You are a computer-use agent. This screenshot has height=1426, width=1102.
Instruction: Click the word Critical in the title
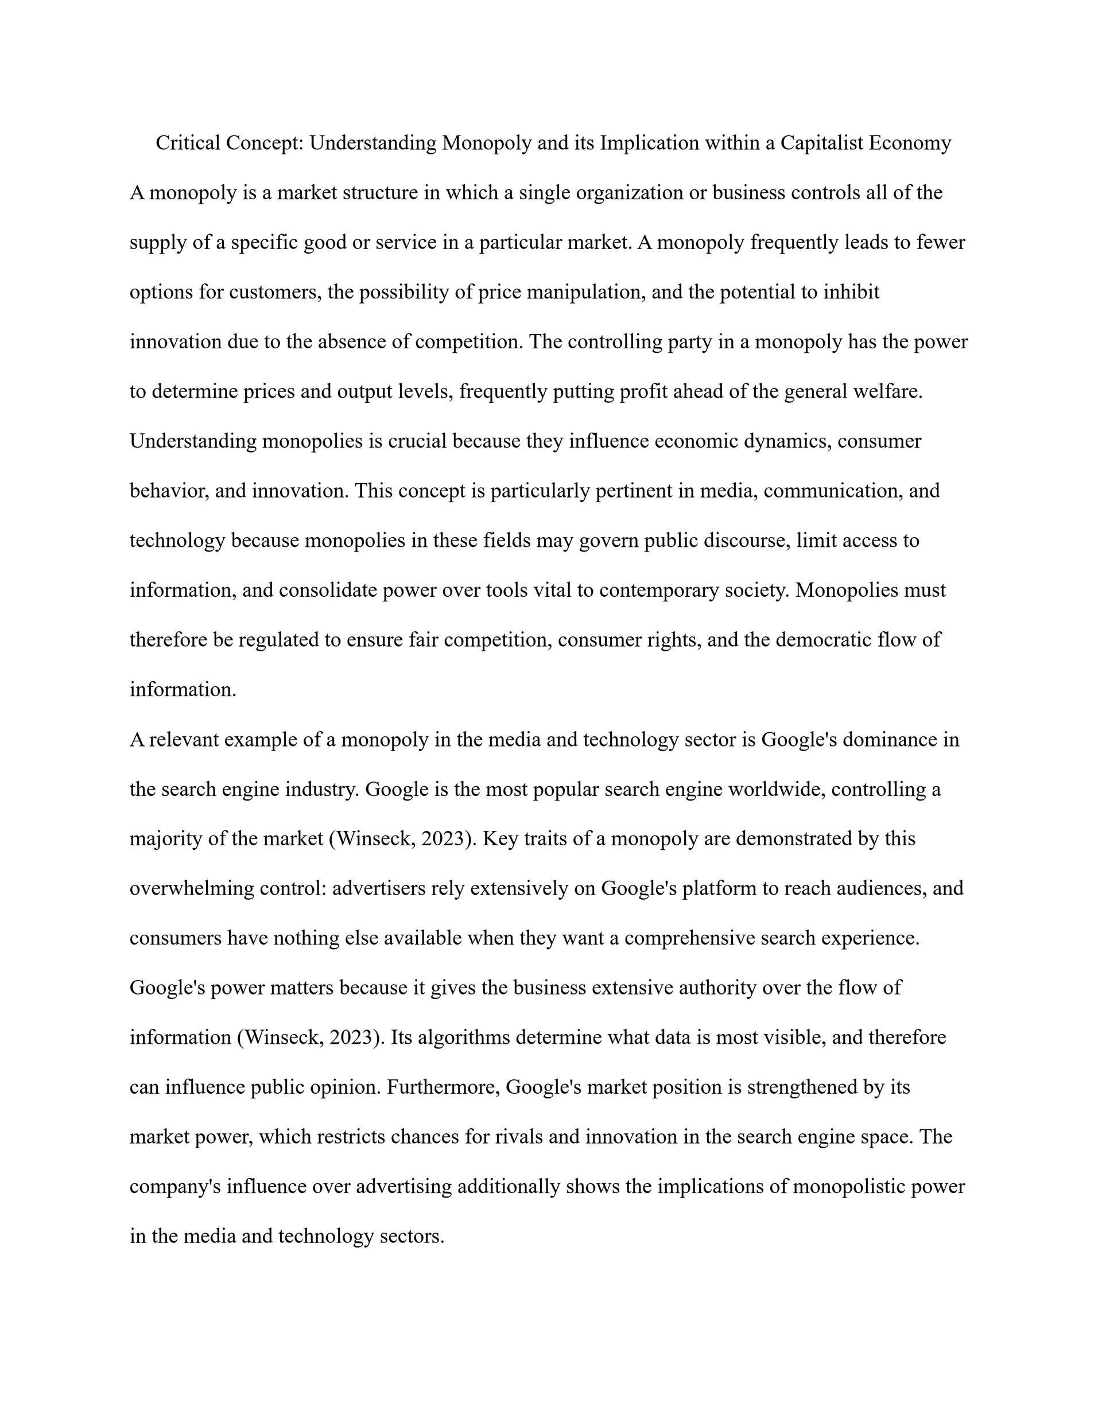[x=188, y=143]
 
